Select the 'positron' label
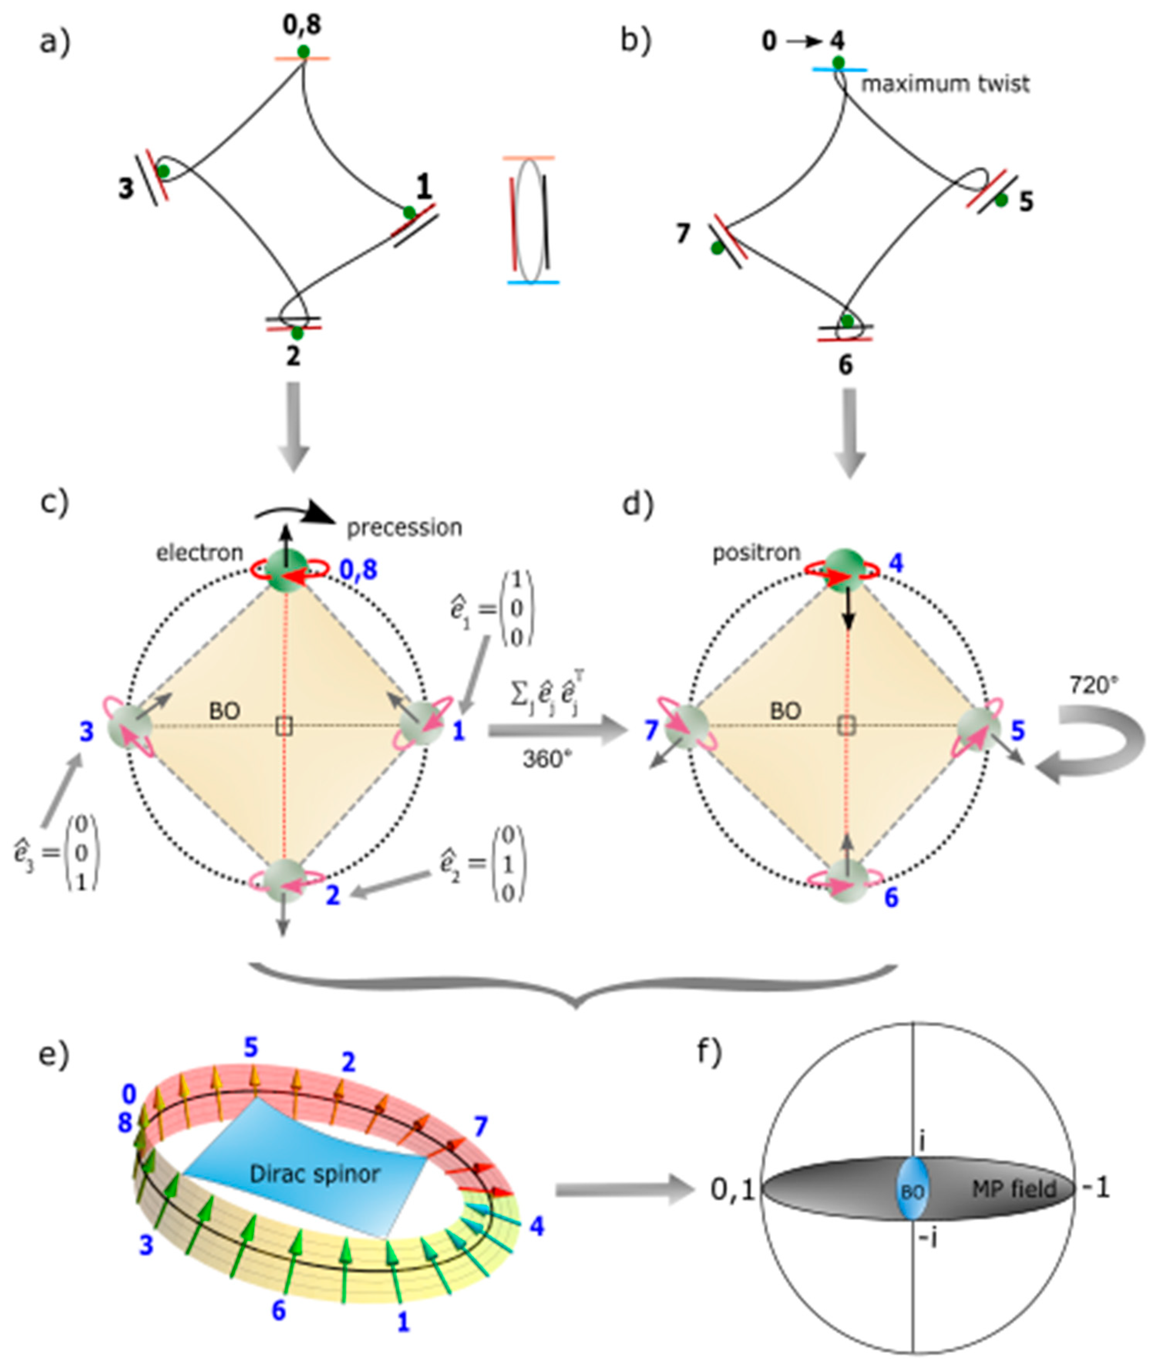pyautogui.click(x=756, y=553)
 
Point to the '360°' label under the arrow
pyautogui.click(x=546, y=759)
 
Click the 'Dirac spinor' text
pyautogui.click(x=314, y=1174)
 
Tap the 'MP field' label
pyautogui.click(x=1014, y=1188)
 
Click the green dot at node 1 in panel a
pyautogui.click(x=409, y=212)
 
